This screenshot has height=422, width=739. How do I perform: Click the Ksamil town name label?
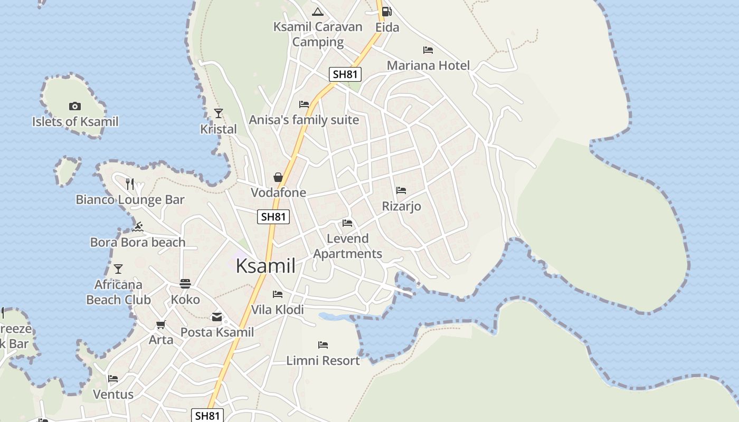point(266,266)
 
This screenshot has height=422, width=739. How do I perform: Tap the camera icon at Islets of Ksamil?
point(75,107)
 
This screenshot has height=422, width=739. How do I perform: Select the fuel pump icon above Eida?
point(387,11)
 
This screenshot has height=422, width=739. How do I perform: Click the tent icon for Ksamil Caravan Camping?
point(317,12)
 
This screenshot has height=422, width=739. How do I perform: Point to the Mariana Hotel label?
point(428,65)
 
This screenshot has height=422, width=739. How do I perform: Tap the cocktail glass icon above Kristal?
point(219,113)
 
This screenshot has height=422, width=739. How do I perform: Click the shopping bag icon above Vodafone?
point(278,177)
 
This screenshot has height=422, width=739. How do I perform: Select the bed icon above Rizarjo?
point(401,190)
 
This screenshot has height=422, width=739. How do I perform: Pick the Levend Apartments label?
point(347,246)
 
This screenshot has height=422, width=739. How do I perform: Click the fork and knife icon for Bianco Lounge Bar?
point(130,184)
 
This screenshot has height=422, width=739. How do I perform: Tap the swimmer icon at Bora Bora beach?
point(138,227)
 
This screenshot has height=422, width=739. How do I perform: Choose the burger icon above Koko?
point(185,284)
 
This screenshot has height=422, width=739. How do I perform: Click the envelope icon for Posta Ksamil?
point(217,317)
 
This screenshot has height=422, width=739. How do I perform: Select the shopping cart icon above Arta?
point(161,324)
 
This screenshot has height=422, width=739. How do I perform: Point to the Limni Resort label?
point(323,361)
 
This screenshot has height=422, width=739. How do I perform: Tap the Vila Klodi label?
point(277,310)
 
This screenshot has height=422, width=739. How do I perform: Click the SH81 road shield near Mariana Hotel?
point(345,74)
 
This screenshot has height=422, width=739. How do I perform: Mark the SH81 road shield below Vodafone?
point(273,216)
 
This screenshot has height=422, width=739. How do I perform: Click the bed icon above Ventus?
point(113,379)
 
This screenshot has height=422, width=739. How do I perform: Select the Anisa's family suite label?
point(304,120)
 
